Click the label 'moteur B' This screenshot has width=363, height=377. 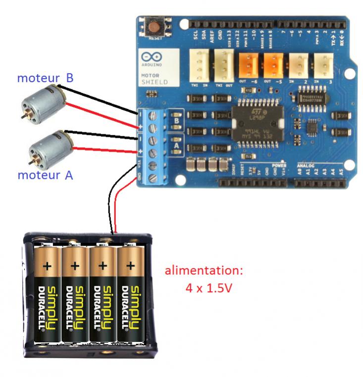(45, 78)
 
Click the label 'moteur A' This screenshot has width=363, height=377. (45, 175)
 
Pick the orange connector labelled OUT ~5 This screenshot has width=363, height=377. (272, 64)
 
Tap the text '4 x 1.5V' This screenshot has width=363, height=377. (208, 288)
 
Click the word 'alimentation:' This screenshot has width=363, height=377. (204, 271)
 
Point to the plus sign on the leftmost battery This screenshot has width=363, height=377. (48, 266)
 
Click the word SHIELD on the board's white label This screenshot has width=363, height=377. (155, 82)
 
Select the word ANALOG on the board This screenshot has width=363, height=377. (306, 165)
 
